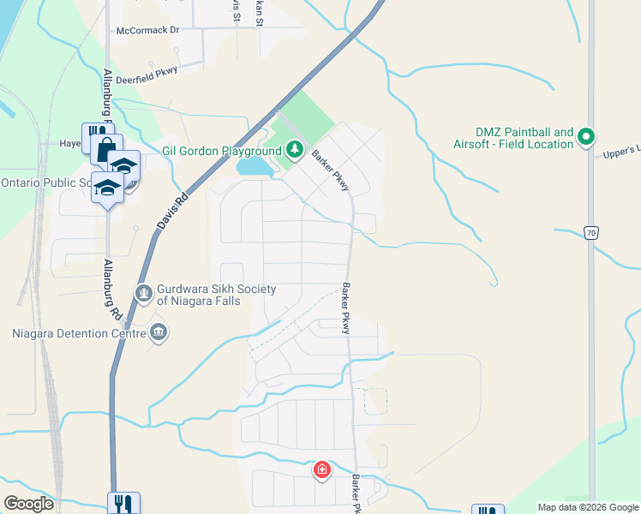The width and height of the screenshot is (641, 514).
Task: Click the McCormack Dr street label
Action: [x=148, y=30]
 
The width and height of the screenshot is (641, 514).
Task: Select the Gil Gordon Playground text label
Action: [x=222, y=151]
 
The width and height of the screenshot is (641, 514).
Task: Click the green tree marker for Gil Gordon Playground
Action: [x=295, y=150]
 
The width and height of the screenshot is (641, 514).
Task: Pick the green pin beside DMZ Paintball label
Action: [x=587, y=136]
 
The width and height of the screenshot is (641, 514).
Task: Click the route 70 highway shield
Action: [x=590, y=231]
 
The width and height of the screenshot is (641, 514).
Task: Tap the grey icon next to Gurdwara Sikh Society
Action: [x=144, y=294]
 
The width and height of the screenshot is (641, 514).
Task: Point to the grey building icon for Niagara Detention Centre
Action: [x=158, y=332]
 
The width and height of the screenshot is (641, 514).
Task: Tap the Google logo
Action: [x=28, y=503]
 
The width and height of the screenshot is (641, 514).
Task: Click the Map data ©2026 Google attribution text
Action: [x=587, y=507]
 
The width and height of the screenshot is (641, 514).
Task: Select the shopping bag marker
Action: [x=106, y=150]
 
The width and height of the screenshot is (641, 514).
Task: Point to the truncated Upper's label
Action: [x=622, y=152]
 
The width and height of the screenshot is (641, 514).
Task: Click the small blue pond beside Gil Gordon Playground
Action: [x=254, y=166]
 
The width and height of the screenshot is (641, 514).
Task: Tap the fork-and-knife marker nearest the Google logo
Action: [x=123, y=503]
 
